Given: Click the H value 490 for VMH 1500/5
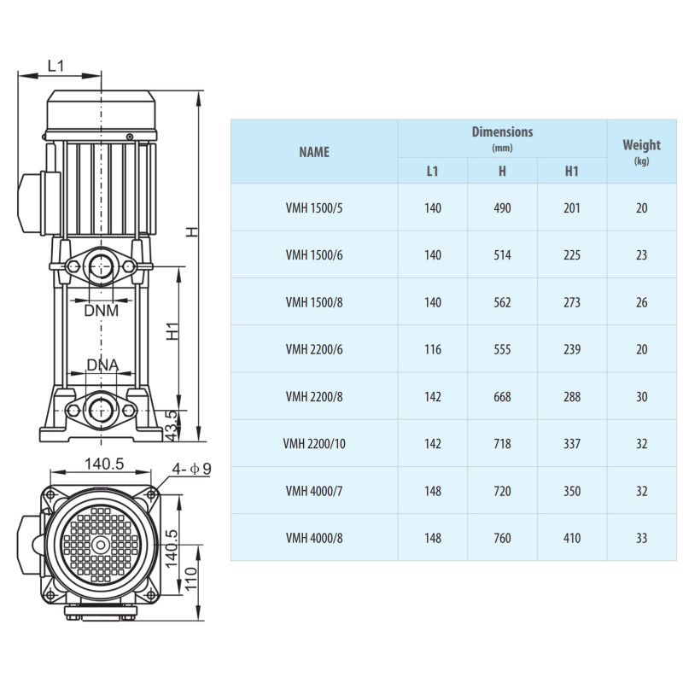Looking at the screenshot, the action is point(502,207).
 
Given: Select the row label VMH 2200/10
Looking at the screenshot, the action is point(314,444).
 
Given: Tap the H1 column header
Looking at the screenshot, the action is point(571,172).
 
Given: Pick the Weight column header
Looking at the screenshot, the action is point(642,144).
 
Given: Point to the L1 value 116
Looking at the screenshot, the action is point(433,349).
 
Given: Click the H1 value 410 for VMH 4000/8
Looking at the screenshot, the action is point(572,539).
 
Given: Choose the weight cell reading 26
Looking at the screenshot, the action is point(642,302).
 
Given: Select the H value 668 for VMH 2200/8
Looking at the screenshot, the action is point(502,397).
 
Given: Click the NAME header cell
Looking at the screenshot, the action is point(314,152).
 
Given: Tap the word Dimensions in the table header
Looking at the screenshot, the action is point(502,131).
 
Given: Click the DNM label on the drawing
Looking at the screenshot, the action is point(101,311).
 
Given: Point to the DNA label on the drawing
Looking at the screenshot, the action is point(102,365).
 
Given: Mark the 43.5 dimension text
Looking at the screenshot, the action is point(172,425).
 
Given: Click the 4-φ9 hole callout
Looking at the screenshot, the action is point(191,469).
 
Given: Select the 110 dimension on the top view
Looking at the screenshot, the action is point(190,579).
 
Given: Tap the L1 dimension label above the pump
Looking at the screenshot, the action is point(55,66).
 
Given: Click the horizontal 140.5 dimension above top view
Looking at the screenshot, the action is point(104,464).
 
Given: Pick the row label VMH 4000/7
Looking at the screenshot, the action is point(314,492).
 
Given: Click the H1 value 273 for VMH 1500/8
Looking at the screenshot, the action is point(572,302).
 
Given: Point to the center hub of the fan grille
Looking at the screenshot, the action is point(101,545).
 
